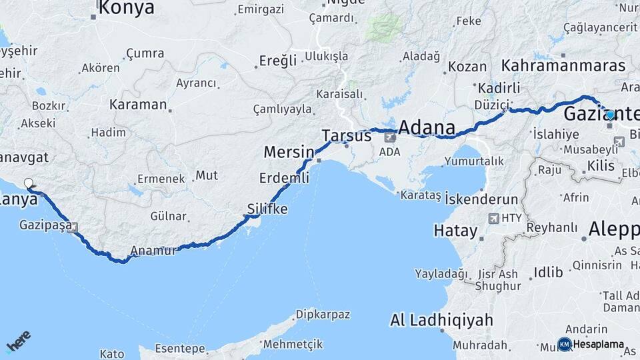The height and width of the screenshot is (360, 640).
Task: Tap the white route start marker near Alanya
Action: click(x=28, y=183)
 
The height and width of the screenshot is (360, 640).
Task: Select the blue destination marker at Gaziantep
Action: click(x=610, y=115)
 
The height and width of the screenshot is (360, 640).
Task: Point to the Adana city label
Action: click(x=427, y=127)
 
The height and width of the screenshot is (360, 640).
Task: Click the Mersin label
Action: click(x=288, y=152)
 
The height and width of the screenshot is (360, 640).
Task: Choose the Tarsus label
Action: click(x=346, y=135)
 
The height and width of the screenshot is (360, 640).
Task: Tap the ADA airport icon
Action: click(x=389, y=138)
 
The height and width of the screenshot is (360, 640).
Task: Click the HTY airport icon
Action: click(x=494, y=218)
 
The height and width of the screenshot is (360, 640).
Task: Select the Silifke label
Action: click(x=267, y=209)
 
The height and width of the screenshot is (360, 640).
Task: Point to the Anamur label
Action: click(x=154, y=251)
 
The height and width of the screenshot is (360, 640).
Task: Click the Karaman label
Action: click(x=137, y=105)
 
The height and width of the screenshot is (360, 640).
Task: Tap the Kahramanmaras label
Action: click(x=563, y=66)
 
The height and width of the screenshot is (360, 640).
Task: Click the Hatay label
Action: click(x=455, y=232)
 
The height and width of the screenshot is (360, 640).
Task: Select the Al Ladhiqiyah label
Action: click(x=441, y=320)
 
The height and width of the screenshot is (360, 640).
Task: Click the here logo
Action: click(x=18, y=341)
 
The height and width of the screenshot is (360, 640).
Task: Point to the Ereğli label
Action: click(x=277, y=61)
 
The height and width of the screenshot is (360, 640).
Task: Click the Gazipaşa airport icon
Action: click(x=73, y=227)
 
